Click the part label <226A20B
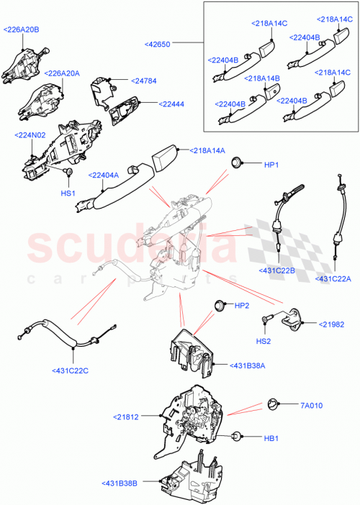[x=22, y=29]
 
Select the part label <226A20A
[x=62, y=73]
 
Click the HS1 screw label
[x=67, y=193]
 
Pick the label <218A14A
[x=208, y=150]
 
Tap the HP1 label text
[x=271, y=165]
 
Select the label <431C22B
[x=276, y=270]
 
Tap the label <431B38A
[x=247, y=366]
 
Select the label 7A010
[x=310, y=404]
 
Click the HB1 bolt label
[x=271, y=437]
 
